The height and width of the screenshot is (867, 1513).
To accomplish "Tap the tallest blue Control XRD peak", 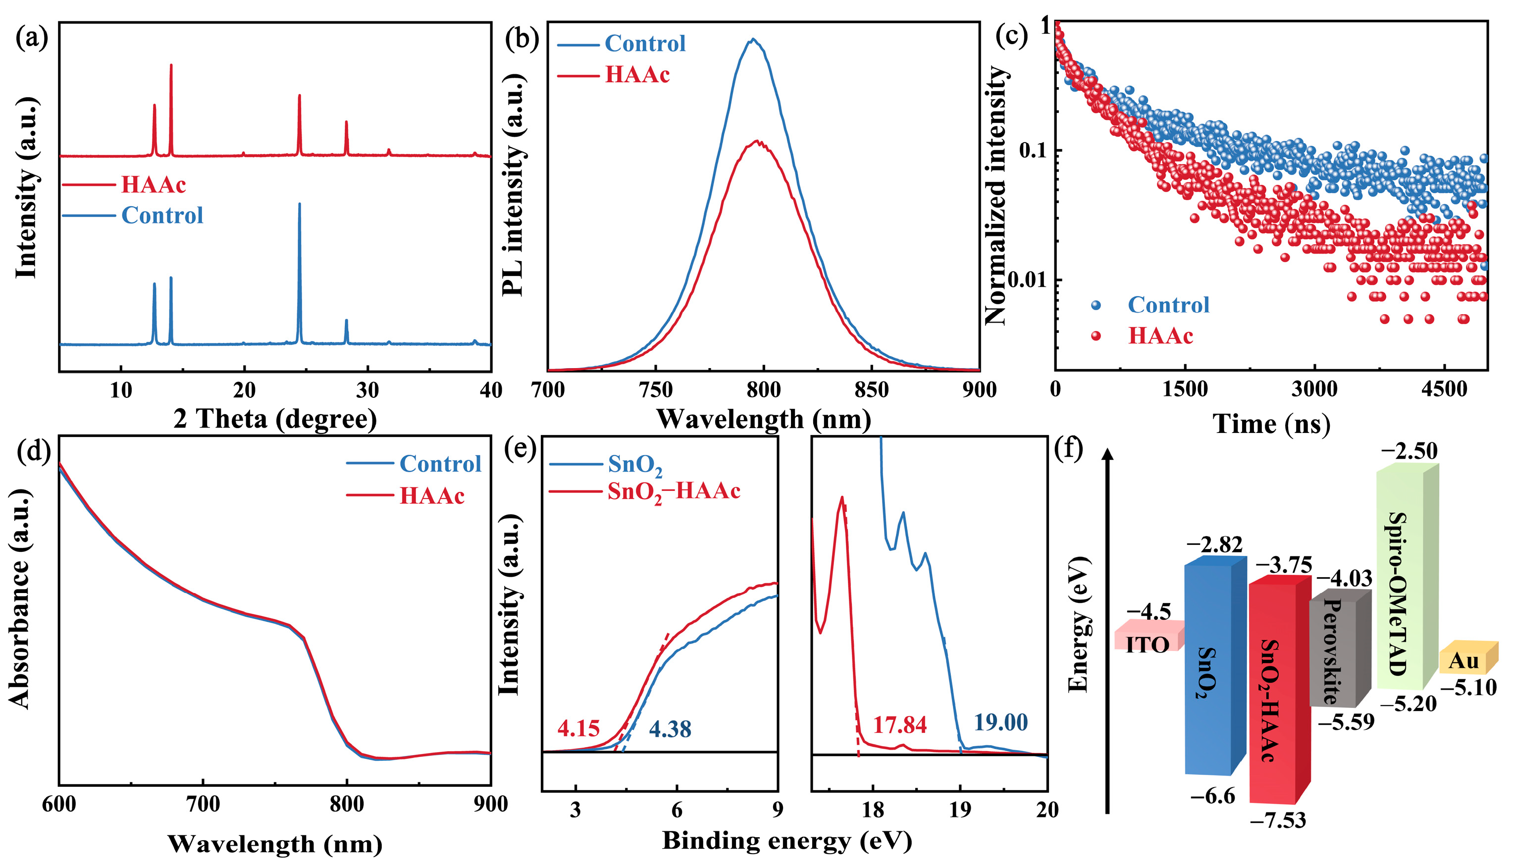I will (x=300, y=205).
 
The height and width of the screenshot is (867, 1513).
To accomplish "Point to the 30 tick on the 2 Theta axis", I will (x=368, y=390).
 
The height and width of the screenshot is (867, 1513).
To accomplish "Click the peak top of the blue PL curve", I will (x=753, y=40).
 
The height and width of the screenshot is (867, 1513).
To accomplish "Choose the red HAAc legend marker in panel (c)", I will (x=1096, y=336).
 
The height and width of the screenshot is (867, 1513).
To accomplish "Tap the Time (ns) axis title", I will (x=1271, y=424).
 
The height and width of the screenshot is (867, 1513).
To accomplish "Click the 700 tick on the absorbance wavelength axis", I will (x=203, y=805).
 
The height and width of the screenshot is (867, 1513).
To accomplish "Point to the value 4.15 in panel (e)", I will (x=578, y=729).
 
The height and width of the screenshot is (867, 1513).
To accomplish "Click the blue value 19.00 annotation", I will (x=1000, y=722).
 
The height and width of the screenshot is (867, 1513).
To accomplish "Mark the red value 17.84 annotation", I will (x=900, y=725).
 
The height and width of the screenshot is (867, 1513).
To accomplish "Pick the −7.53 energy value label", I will (x=1278, y=820).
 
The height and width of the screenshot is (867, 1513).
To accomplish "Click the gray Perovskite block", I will (x=1334, y=652).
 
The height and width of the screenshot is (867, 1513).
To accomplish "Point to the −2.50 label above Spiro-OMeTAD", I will (x=1409, y=451).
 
